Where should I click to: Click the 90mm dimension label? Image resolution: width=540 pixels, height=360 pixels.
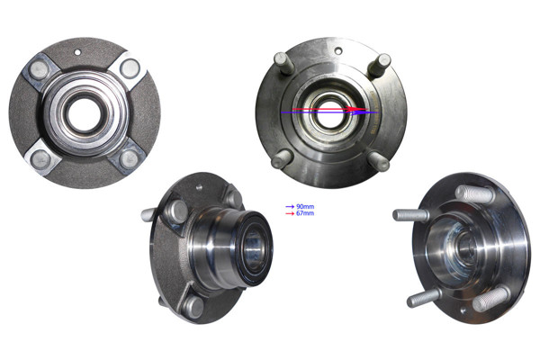click(305, 207)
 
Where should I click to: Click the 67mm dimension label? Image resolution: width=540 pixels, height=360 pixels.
click(305, 213)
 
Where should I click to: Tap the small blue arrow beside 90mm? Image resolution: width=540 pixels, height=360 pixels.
click(290, 207)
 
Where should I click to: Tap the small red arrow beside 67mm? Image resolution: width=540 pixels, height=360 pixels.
click(290, 213)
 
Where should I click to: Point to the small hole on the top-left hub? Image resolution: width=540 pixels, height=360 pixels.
click(77, 52)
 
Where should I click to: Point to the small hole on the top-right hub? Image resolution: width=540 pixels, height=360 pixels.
click(339, 50)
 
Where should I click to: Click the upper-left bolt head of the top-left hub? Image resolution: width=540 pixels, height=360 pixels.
click(38, 69)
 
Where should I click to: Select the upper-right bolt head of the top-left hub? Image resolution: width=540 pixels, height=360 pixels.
click(130, 67)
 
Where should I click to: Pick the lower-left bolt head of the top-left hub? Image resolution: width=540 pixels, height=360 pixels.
click(40, 158)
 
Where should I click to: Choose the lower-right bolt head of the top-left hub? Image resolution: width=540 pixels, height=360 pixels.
click(129, 159)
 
